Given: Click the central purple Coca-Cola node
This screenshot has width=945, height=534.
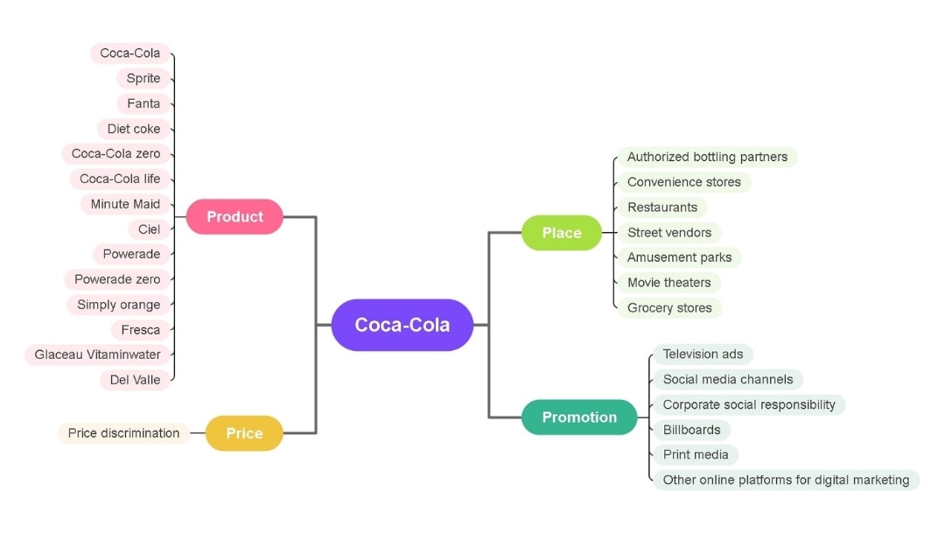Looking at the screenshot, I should [402, 325].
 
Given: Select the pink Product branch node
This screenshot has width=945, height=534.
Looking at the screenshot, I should [234, 216].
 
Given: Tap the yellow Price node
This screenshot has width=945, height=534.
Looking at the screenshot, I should [244, 433].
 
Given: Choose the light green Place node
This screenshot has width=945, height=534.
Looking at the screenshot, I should [562, 233].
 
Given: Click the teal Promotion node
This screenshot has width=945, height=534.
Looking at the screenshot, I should [579, 418].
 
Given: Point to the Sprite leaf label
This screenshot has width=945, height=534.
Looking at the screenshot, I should [143, 79].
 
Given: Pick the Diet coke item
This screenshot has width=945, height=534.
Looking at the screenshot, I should [134, 129].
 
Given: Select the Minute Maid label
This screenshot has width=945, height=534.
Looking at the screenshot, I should [125, 204].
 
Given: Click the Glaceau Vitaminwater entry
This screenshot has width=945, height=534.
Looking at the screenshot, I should [98, 355].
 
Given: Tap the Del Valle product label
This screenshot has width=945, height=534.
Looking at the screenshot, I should [135, 380].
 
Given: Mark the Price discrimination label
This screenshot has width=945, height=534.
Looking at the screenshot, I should [123, 433].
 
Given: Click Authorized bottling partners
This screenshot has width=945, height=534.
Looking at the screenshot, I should [707, 158].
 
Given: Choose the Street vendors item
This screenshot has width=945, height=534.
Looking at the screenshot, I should [669, 233].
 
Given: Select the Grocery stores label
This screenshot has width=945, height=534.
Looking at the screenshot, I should [669, 308].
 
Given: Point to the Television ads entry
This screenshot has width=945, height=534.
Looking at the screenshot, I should [703, 355].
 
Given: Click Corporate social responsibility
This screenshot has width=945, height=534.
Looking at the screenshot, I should [749, 404].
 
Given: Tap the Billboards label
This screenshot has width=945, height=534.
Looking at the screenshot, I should [691, 430].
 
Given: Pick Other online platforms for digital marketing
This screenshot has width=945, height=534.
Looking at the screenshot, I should [786, 480].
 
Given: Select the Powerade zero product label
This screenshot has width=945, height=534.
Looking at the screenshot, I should [117, 279].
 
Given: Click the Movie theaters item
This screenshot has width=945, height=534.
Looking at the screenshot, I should [668, 283].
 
